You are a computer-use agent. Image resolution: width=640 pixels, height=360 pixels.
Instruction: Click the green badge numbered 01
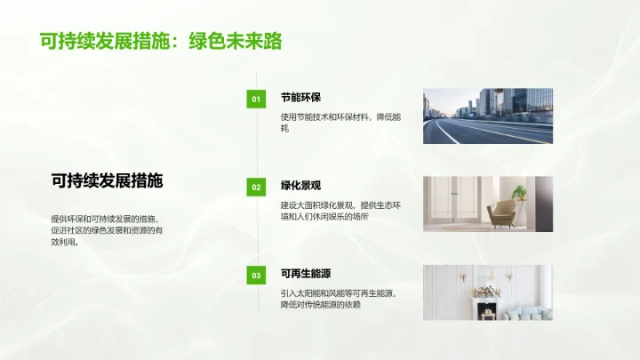click(x=256, y=100)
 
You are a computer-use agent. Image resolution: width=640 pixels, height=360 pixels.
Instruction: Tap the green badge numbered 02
click(x=256, y=187)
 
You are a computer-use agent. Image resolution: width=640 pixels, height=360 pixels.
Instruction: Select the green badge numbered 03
click(x=256, y=276)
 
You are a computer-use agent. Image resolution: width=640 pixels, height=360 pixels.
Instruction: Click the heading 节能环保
click(x=300, y=99)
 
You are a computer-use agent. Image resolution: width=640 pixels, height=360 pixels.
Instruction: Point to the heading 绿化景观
click(x=300, y=186)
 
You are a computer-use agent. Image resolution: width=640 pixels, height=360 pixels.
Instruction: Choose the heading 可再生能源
click(x=306, y=274)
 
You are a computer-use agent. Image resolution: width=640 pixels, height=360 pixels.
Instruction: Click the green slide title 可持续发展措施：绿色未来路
click(x=156, y=41)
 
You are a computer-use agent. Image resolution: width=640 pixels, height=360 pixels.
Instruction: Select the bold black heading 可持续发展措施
click(x=107, y=180)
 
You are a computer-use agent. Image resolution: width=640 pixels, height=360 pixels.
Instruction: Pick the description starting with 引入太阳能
click(x=338, y=299)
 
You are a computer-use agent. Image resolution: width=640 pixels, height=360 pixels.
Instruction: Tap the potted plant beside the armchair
click(x=519, y=192)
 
